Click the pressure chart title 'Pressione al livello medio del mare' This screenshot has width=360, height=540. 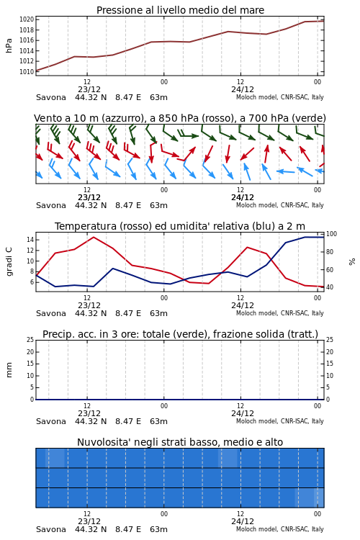tap(180, 10)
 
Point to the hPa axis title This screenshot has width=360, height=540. tap(9, 45)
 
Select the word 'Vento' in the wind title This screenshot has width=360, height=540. tap(45, 118)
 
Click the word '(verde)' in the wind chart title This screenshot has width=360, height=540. tap(309, 118)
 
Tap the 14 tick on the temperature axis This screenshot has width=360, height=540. tap(30, 240)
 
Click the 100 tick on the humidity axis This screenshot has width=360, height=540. tap(331, 234)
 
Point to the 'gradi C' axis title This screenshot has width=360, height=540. tap(9, 261)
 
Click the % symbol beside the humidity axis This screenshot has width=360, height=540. tap(352, 262)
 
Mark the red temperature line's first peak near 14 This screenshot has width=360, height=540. tap(94, 238)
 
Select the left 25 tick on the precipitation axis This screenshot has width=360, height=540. tap(30, 340)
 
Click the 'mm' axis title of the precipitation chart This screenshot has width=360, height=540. tap(9, 370)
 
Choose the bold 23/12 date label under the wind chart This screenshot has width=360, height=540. tap(89, 197)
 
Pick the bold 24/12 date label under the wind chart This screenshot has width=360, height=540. tap(243, 197)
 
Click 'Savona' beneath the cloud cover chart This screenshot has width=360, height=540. tap(51, 529)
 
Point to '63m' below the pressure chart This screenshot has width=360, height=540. tap(159, 97)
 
